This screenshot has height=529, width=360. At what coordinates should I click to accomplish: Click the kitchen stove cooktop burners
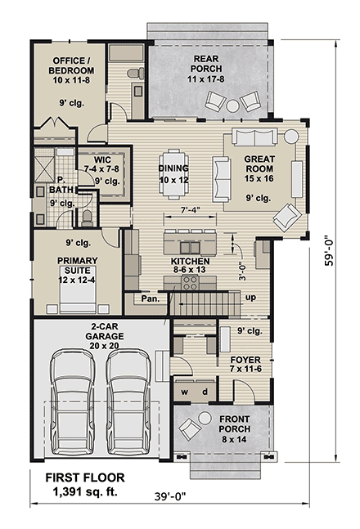190,282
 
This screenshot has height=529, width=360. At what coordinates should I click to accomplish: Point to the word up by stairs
250,297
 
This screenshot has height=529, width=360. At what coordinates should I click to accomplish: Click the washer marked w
184,391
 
